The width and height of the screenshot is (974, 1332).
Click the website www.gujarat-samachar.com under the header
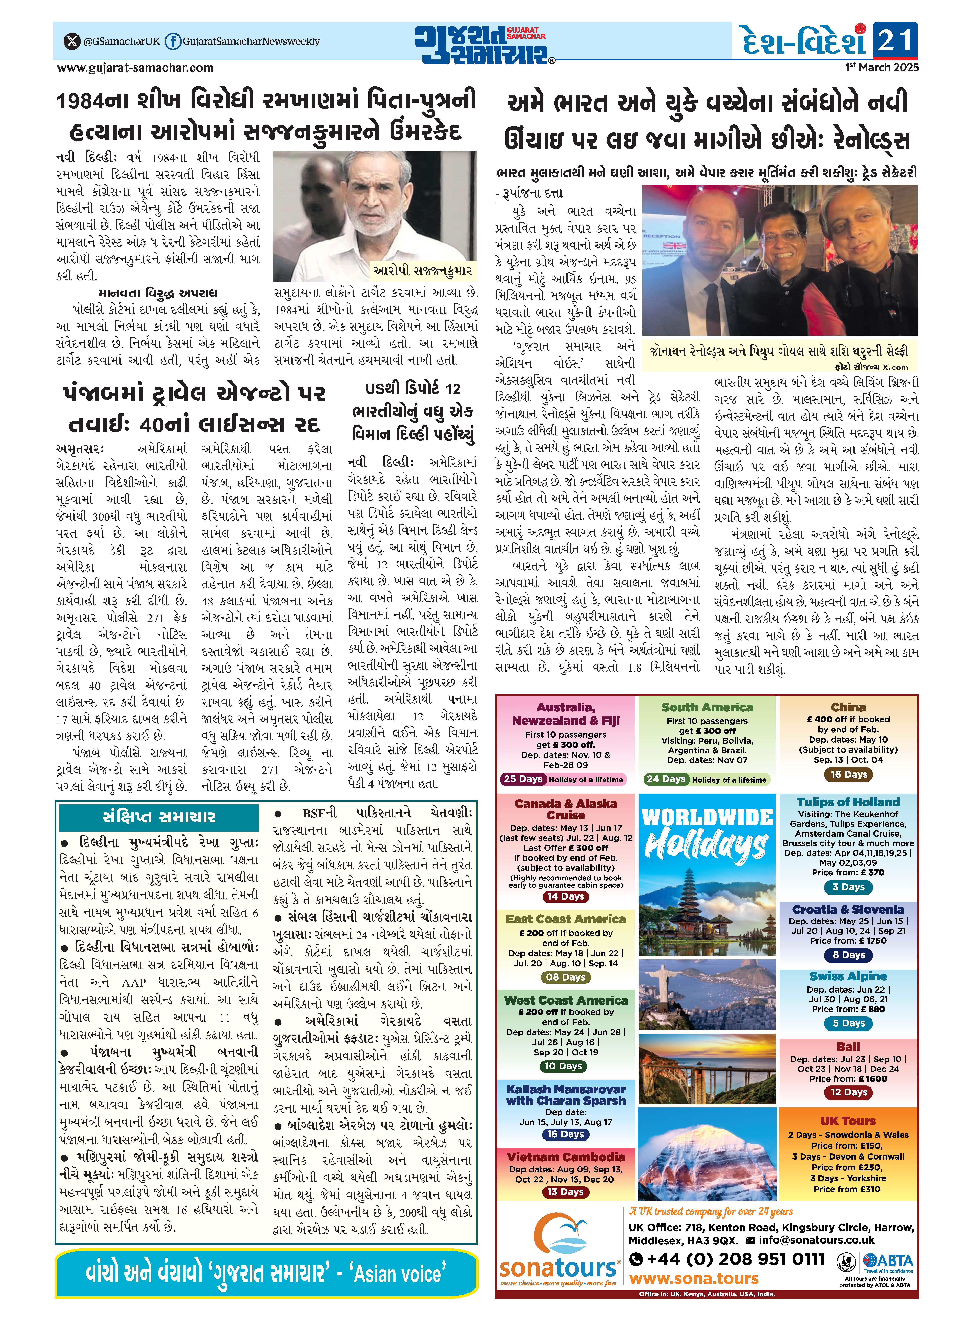(136, 68)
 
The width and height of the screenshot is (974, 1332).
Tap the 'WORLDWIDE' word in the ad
(707, 818)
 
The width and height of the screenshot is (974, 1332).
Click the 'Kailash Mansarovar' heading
(565, 1089)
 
